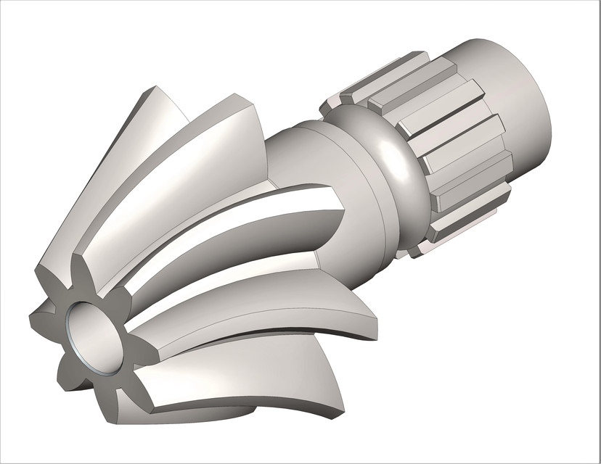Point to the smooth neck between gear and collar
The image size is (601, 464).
click(305, 156)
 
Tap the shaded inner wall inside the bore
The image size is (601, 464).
click(102, 333)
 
